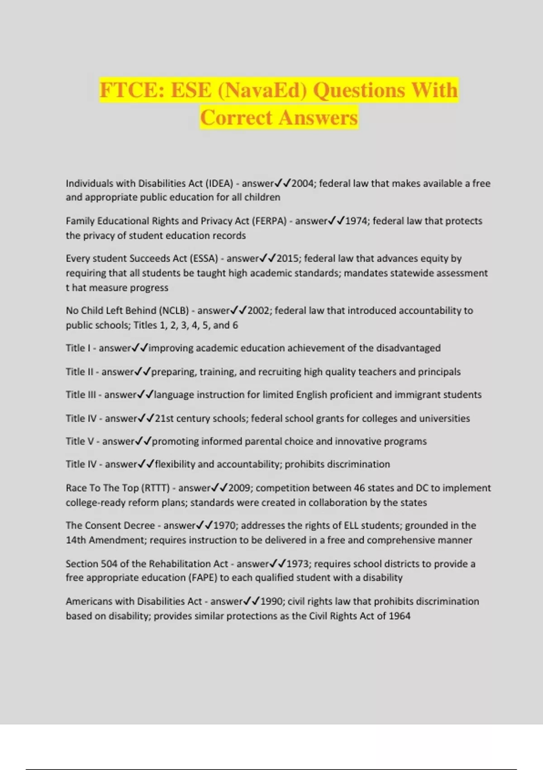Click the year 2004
[303, 183]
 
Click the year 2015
[288, 259]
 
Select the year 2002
[258, 311]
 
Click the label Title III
[81, 395]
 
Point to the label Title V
[80, 442]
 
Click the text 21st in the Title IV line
[164, 419]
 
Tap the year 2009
[239, 488]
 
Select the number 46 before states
[359, 488]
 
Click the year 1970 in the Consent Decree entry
[224, 526]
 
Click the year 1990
[271, 602]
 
